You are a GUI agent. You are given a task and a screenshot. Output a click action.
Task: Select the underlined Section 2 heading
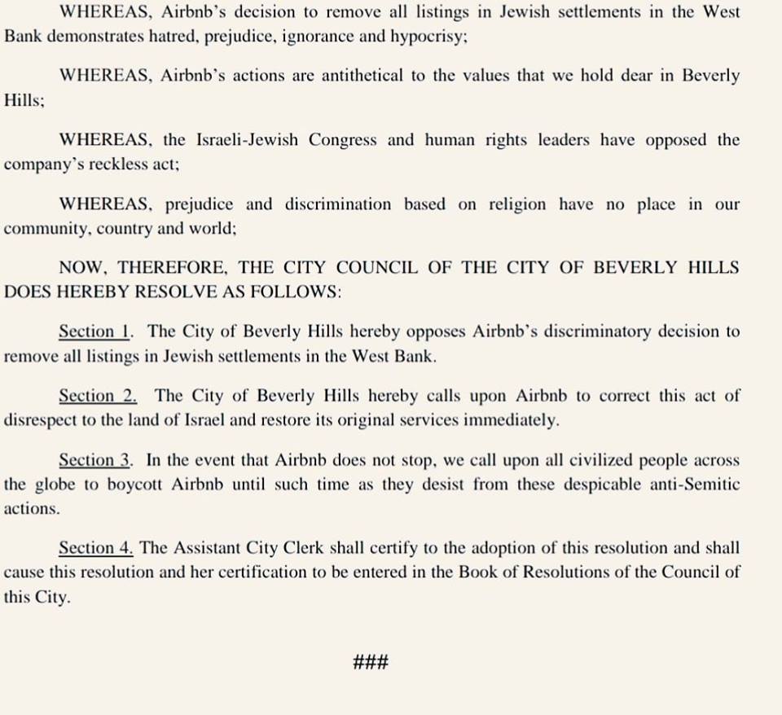[x=97, y=397]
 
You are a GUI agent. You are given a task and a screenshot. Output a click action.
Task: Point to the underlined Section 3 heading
[x=95, y=461]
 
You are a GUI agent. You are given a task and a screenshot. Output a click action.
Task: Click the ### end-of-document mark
[x=371, y=661]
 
